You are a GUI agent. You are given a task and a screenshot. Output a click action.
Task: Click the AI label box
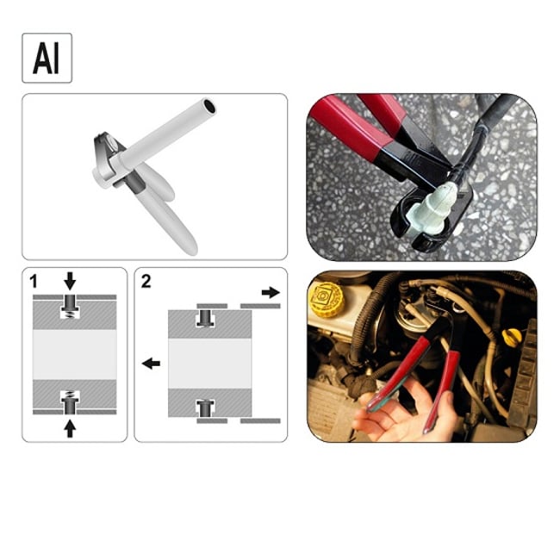click(x=47, y=58)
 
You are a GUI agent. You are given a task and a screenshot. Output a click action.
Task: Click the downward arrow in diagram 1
click(x=71, y=281)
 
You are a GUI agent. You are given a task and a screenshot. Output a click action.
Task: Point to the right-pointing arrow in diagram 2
click(x=271, y=293)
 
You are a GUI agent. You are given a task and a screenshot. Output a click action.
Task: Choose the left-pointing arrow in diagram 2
click(x=151, y=364)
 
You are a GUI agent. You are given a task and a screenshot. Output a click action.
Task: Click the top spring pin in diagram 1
click(x=71, y=306)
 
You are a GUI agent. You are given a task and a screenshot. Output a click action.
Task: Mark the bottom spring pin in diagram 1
click(x=71, y=401)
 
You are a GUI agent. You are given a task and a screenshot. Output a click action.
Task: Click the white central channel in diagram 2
click(x=210, y=363)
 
